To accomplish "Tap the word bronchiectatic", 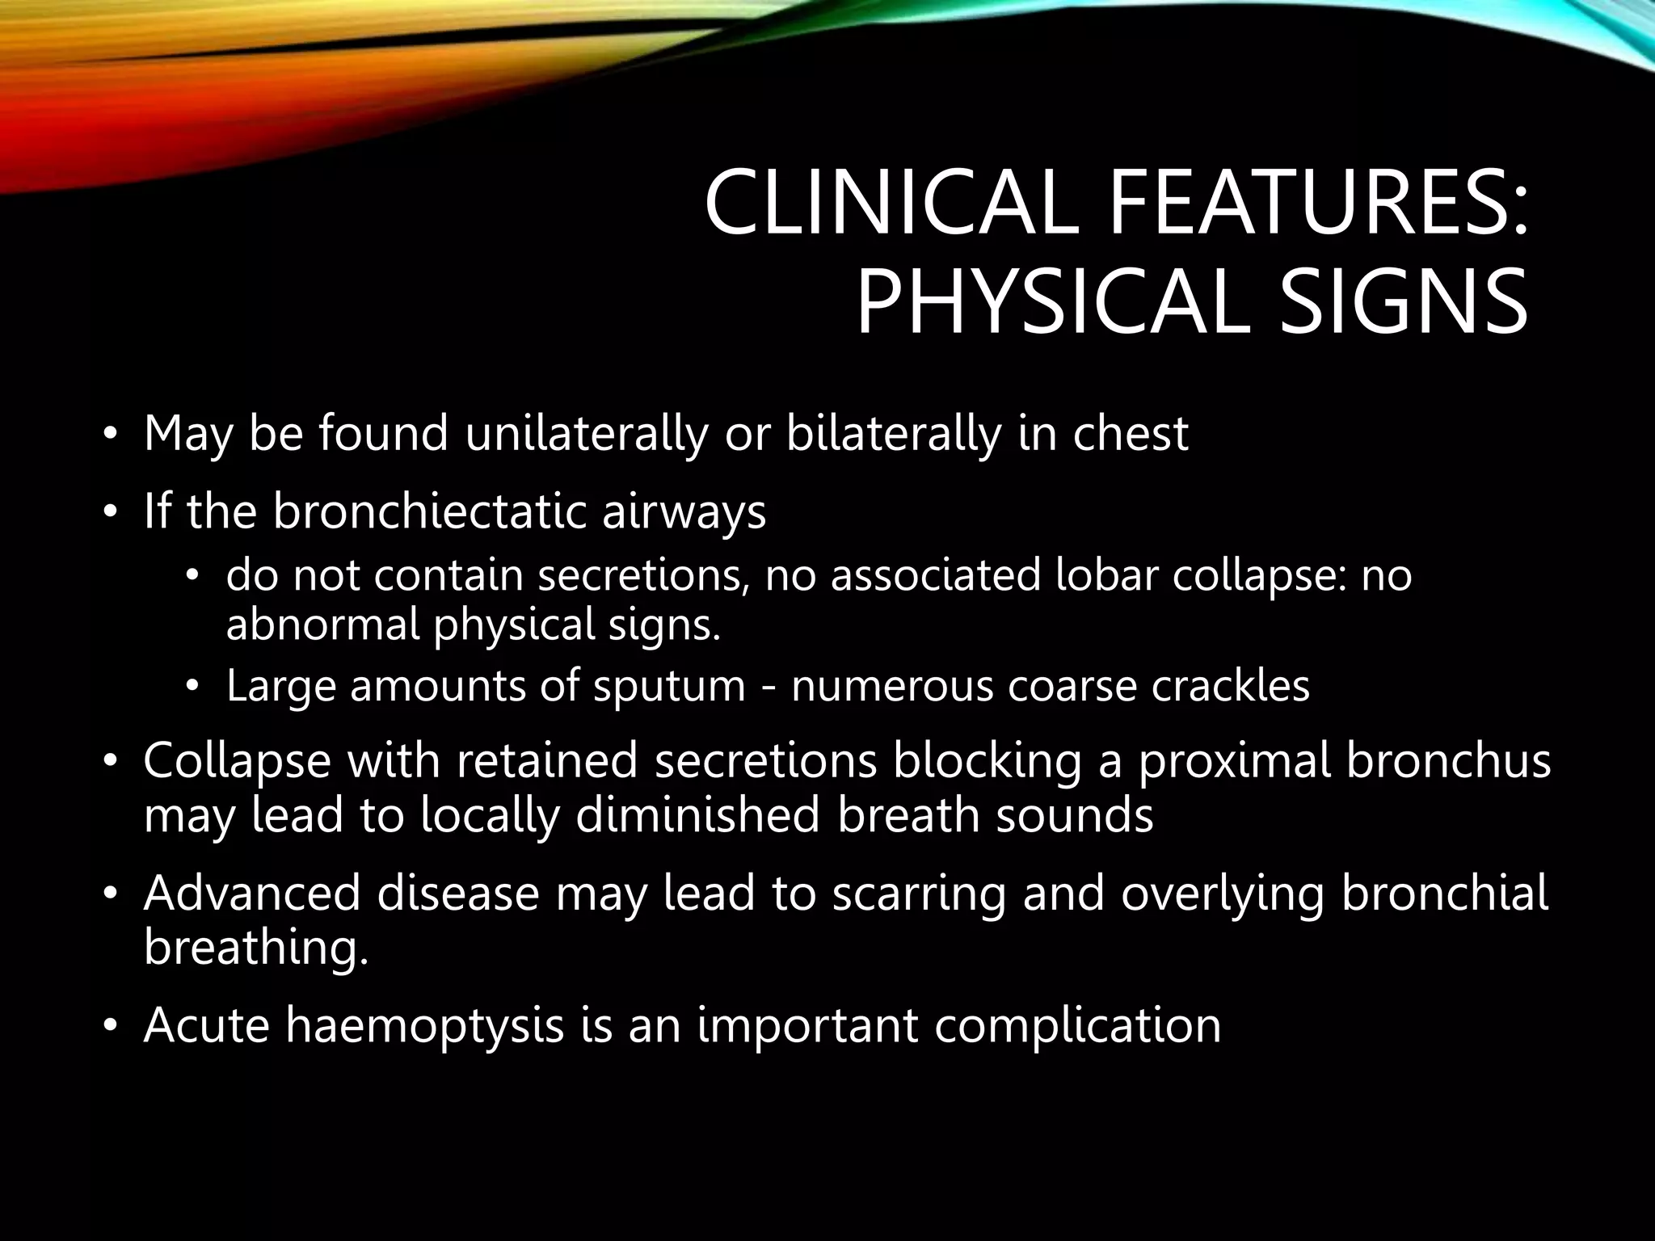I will (x=428, y=511).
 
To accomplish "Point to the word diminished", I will (x=698, y=815).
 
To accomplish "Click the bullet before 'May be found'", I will (x=110, y=436).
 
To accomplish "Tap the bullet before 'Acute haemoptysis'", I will (x=110, y=1027).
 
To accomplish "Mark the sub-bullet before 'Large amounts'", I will (x=192, y=687).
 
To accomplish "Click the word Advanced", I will (x=251, y=893).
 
